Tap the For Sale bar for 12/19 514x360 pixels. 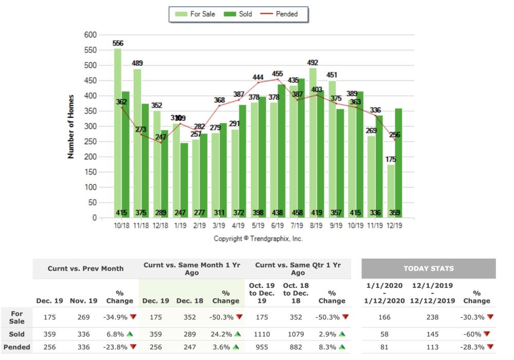(x=392, y=191)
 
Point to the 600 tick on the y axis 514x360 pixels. (x=90, y=35)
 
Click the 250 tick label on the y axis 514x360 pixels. (x=90, y=142)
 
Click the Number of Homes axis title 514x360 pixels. (x=71, y=126)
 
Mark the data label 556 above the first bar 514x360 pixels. (x=118, y=43)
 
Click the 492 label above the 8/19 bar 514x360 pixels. (x=313, y=63)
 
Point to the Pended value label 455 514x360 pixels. (x=278, y=74)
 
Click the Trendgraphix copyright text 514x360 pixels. (x=258, y=239)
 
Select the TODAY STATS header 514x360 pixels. (x=428, y=268)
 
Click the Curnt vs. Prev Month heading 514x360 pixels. (x=85, y=268)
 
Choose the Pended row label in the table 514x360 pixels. (x=17, y=347)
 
